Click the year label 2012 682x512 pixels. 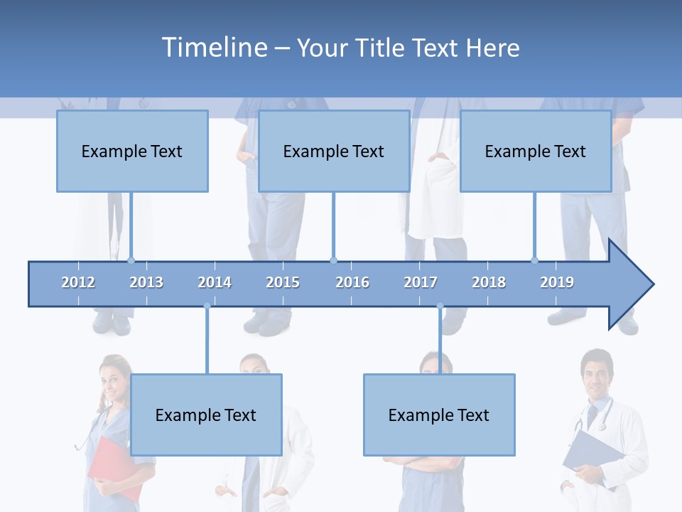tap(78, 282)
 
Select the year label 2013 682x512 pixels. tap(146, 282)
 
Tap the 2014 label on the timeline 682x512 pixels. tap(215, 282)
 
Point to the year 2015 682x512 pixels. tap(283, 282)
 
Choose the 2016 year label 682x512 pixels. tap(352, 282)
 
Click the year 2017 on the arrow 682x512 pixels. tap(421, 282)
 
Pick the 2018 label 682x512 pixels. tap(489, 282)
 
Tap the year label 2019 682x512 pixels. tap(557, 282)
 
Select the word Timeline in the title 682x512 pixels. tap(213, 48)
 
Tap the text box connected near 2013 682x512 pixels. tap(132, 151)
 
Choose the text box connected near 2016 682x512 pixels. tap(334, 151)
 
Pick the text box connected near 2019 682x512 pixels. tap(536, 151)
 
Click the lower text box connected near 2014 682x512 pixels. tap(206, 415)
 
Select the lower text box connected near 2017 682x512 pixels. tap(439, 415)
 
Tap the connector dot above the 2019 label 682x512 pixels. tap(535, 261)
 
